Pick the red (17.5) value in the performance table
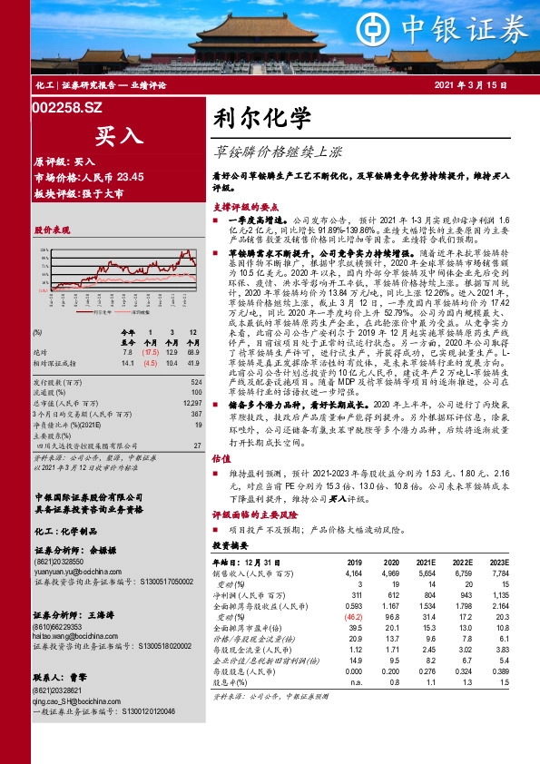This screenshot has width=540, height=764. coord(150,350)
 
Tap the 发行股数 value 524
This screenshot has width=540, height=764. coord(194,384)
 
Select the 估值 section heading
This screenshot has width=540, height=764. coord(221,459)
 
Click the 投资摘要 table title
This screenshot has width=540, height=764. coord(230,547)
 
